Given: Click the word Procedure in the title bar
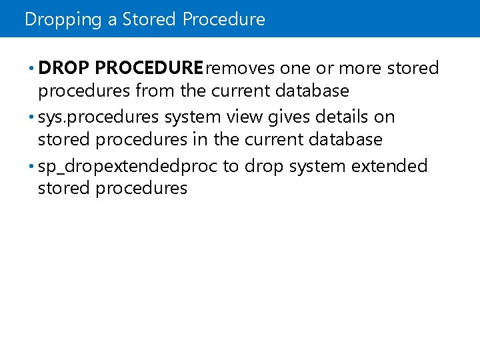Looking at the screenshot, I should pos(223,19).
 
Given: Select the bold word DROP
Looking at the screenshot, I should pos(65,68).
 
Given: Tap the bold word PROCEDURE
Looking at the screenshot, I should pos(149,68).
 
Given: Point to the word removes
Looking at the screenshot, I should pos(241,68).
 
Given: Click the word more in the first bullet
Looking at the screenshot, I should pos(361,68).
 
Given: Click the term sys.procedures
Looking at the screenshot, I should pos(99,117).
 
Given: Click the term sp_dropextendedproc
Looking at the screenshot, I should pos(128,166).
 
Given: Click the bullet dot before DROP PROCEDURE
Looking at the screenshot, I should pos(33,69).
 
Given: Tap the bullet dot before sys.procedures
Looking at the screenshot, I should pos(33,117).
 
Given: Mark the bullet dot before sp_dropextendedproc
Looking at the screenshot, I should pos(33,166).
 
